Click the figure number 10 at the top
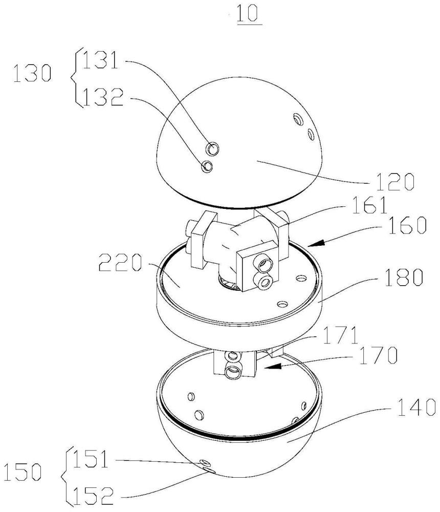[249, 14]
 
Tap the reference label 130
[32, 73]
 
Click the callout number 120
[395, 182]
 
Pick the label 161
[369, 205]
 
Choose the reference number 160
[407, 225]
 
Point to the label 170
[378, 355]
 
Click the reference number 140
[416, 407]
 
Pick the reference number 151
[90, 459]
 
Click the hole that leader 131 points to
[212, 149]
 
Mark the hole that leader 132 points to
[207, 166]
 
